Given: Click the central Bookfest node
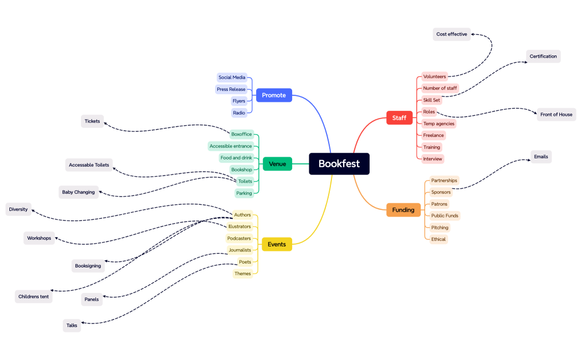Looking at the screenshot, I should click(339, 164).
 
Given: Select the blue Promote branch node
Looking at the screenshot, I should click(274, 95).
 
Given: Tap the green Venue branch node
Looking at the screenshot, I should click(277, 164).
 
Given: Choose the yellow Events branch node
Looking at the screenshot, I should click(277, 244).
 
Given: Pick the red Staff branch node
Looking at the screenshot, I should click(399, 118).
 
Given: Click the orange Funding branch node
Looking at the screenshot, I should click(403, 210).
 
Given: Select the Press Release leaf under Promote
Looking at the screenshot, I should click(231, 89).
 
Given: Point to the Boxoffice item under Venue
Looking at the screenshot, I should click(241, 134).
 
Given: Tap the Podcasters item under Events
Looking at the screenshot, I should click(239, 238).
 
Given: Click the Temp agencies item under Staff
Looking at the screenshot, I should click(438, 124).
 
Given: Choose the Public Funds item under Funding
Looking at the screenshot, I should click(445, 215).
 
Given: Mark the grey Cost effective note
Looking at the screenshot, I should click(451, 34).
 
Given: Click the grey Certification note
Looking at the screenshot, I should click(543, 56).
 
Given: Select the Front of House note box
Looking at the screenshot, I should click(556, 115).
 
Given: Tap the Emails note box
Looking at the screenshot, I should click(540, 157).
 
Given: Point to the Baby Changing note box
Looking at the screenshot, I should click(78, 192).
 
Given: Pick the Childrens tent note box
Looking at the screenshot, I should click(33, 297).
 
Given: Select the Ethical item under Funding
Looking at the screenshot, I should click(438, 239).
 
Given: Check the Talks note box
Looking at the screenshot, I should click(72, 326).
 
